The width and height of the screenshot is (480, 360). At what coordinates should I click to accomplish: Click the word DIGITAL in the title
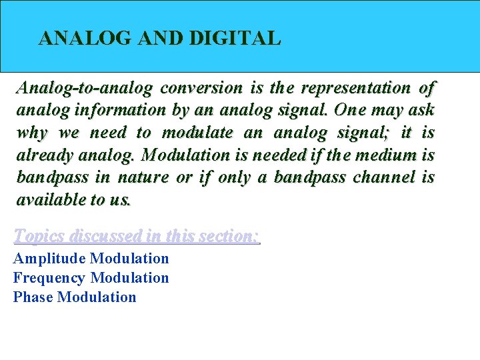pyautogui.click(x=235, y=39)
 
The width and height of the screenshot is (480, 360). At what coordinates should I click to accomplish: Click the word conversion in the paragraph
pyautogui.click(x=202, y=88)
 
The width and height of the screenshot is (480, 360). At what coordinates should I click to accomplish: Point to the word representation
pyautogui.click(x=356, y=88)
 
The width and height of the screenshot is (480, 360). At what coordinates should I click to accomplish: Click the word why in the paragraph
pyautogui.click(x=31, y=133)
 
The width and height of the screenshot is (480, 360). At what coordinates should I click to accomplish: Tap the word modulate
pyautogui.click(x=197, y=133)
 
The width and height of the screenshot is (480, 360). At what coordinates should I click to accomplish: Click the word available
pyautogui.click(x=49, y=200)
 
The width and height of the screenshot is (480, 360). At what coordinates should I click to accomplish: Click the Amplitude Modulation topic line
pyautogui.click(x=91, y=259)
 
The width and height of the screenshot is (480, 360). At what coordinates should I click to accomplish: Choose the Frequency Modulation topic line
pyautogui.click(x=91, y=278)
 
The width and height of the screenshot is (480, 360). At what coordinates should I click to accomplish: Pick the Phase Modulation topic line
pyautogui.click(x=75, y=297)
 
